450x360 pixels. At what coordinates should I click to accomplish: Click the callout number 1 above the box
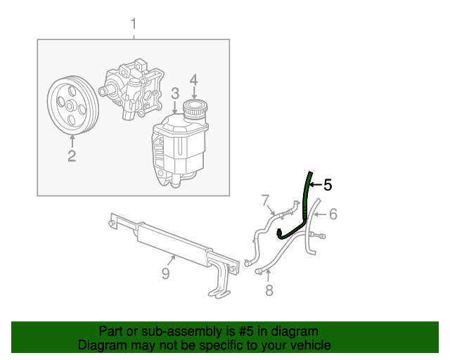click(x=134, y=26)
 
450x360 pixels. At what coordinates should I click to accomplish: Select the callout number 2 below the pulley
click(x=72, y=155)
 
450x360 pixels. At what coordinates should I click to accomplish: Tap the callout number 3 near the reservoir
click(x=174, y=93)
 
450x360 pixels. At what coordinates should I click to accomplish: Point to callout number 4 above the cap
click(x=193, y=79)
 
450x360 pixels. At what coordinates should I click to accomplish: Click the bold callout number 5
click(x=327, y=185)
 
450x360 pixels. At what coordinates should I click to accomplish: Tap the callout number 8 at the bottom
click(x=268, y=290)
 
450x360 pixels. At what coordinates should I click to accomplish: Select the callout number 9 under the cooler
click(x=166, y=274)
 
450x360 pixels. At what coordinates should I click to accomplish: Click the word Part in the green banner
click(x=112, y=331)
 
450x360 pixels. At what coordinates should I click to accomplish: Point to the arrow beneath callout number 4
click(x=193, y=92)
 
